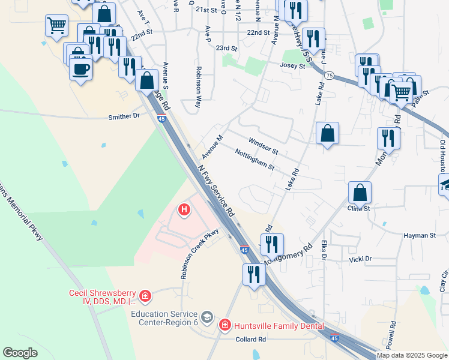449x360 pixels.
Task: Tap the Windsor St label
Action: pyautogui.click(x=264, y=145)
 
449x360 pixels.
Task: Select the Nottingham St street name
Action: pyautogui.click(x=255, y=158)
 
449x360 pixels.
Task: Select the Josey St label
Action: pyautogui.click(x=293, y=66)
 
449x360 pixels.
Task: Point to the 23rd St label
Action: pyautogui.click(x=227, y=47)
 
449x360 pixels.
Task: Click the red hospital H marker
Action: pyautogui.click(x=184, y=210)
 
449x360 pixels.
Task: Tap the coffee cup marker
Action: pyautogui.click(x=80, y=68)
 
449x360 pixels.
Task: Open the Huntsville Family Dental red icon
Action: pyautogui.click(x=225, y=325)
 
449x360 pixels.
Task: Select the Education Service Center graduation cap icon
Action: pyautogui.click(x=207, y=316)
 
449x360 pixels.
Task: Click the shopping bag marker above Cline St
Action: pyautogui.click(x=360, y=193)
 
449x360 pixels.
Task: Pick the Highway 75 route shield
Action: pyautogui.click(x=330, y=74)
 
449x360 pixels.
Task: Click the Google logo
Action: pyautogui.click(x=20, y=353)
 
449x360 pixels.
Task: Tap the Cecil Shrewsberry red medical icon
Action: pyautogui.click(x=145, y=296)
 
